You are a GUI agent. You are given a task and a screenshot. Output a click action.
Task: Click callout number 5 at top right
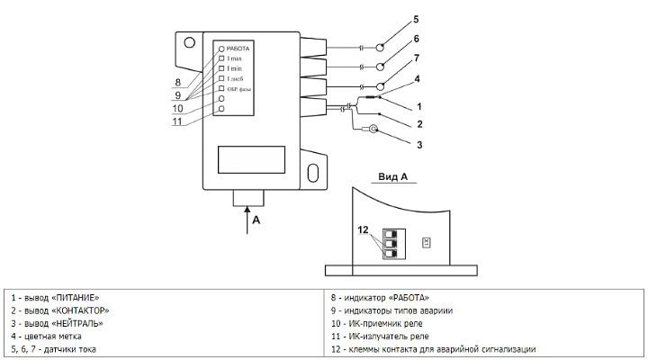coord(416,18)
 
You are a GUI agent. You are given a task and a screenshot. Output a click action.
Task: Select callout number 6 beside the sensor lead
coord(416,40)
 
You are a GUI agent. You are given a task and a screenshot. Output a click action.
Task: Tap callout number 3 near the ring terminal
coord(418,144)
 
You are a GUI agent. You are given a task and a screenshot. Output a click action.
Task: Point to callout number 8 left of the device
coord(178,83)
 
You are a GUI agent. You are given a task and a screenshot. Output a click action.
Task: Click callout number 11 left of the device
coord(178,121)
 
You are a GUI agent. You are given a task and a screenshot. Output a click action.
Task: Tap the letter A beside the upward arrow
coord(256,220)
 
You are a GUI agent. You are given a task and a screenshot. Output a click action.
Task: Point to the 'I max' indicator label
coord(235,58)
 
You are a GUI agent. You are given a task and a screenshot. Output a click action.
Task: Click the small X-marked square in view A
coord(426,242)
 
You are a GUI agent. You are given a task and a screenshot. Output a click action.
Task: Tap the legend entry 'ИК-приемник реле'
coord(391,323)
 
